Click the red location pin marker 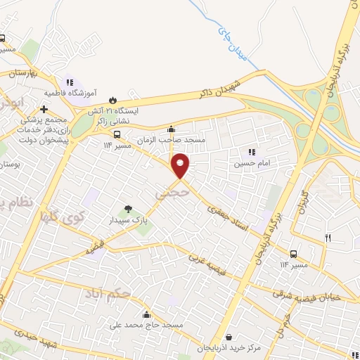tap(181, 166)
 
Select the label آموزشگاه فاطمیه tap(70, 92)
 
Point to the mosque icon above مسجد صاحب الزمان tap(171, 129)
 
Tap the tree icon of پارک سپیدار tap(128, 208)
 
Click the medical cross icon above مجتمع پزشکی tap(44, 109)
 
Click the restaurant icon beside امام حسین tap(251, 152)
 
